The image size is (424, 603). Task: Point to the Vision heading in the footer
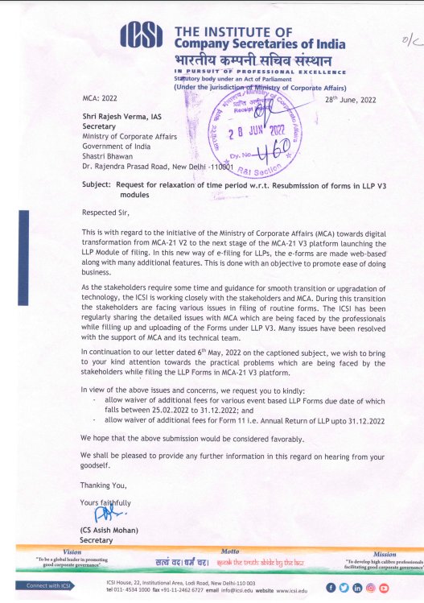[72, 551]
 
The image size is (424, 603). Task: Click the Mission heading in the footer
[384, 554]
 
